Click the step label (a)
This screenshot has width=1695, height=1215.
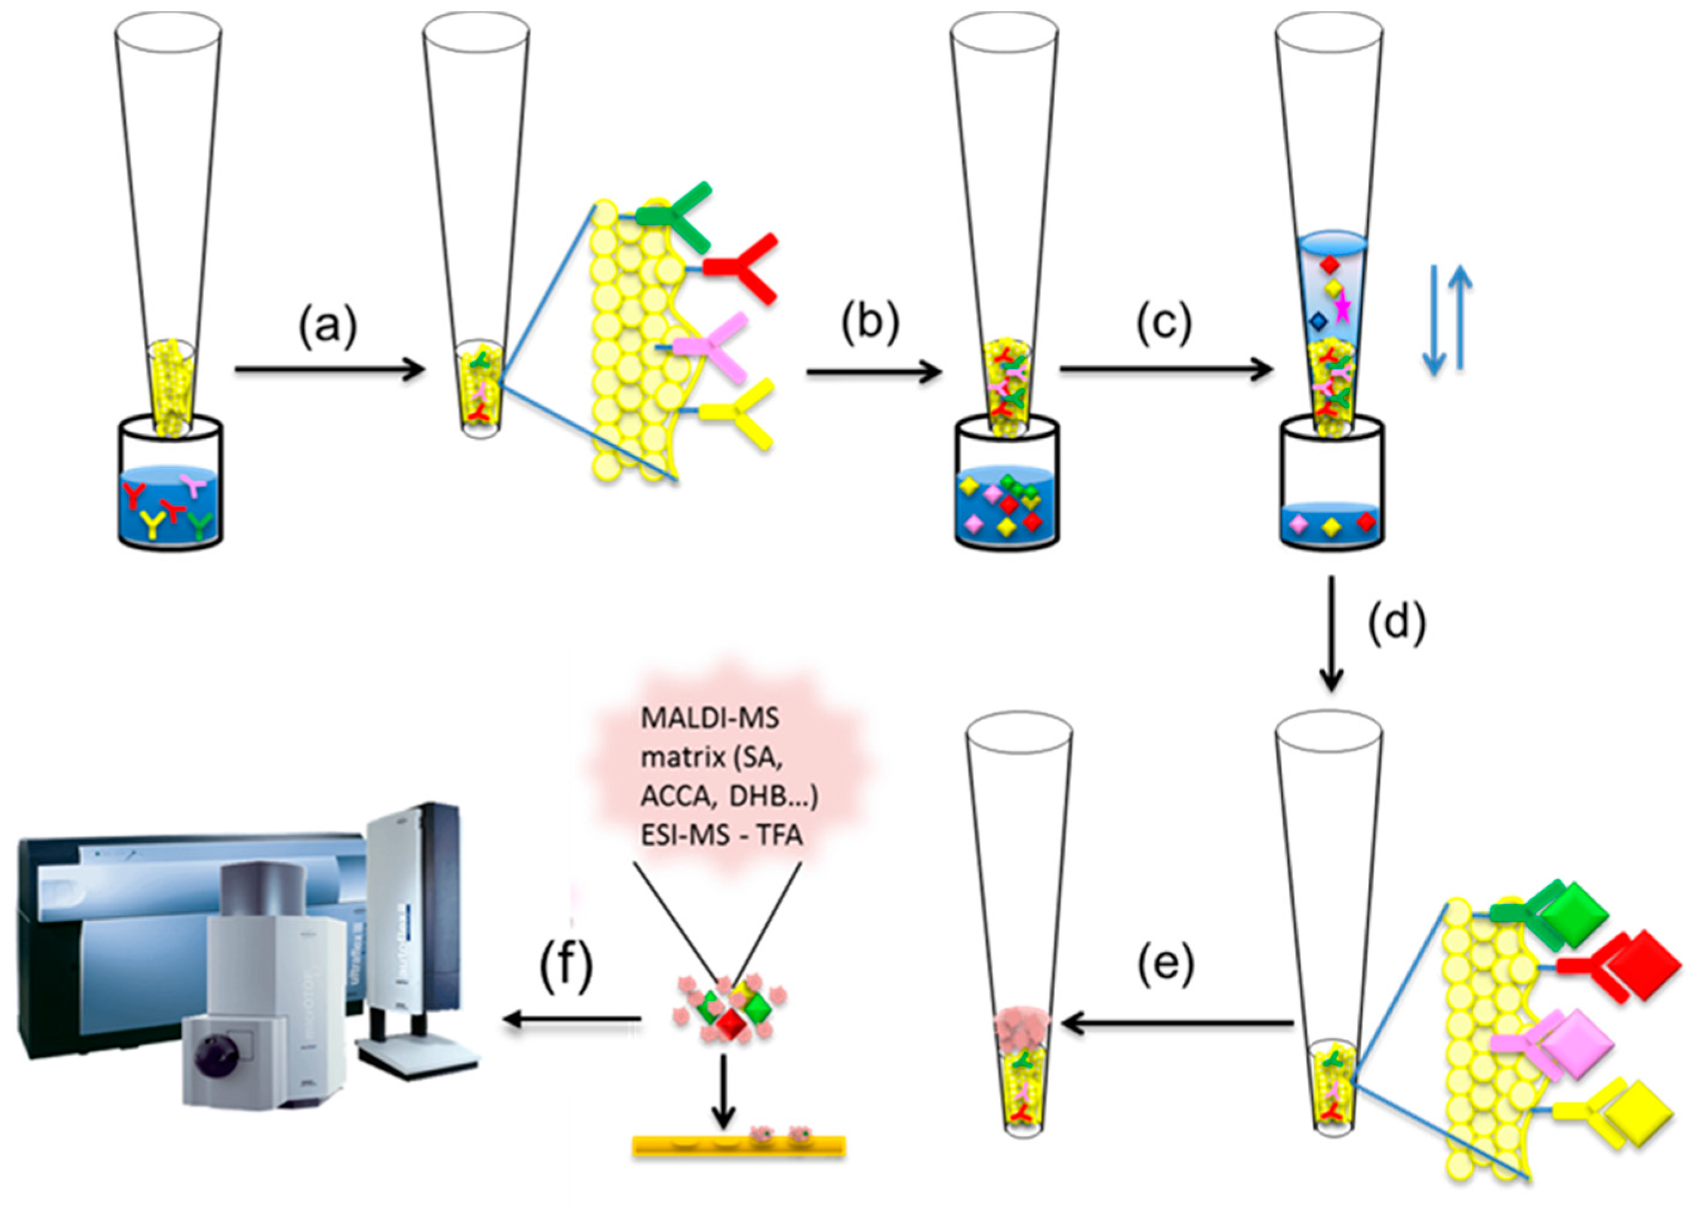329,327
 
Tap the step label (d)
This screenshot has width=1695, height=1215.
1397,622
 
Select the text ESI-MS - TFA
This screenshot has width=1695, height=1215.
721,835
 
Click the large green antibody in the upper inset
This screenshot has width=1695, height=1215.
676,217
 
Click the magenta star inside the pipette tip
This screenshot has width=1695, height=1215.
1343,307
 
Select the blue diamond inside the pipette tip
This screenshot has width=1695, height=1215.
1318,320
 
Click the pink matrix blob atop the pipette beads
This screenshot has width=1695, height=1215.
1022,1031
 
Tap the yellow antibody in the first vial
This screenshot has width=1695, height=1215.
153,524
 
